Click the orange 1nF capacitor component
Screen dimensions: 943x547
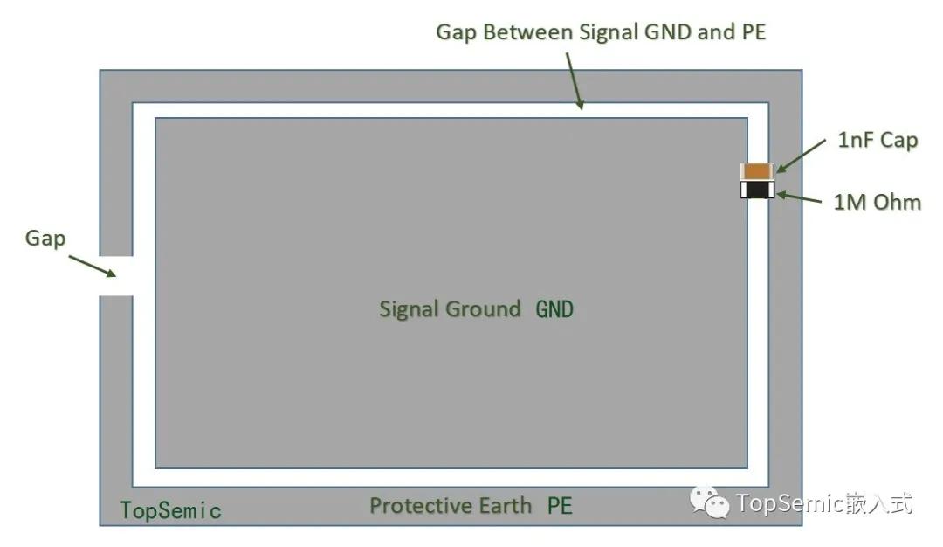click(756, 171)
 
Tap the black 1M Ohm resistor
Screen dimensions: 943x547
click(756, 190)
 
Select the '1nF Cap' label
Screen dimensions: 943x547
click(878, 140)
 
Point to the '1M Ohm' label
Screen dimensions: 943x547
click(877, 202)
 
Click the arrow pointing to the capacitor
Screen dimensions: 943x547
click(801, 156)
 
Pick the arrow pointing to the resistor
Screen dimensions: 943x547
click(799, 197)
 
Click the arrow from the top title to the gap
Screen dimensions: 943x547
click(575, 81)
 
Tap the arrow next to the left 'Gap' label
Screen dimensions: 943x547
click(92, 266)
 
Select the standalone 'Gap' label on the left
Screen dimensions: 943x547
click(45, 239)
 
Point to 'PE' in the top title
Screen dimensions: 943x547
click(754, 31)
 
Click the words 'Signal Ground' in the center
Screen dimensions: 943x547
click(450, 309)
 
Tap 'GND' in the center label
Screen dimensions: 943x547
click(554, 309)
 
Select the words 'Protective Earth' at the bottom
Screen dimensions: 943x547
click(451, 505)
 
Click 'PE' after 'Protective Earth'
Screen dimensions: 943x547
click(560, 505)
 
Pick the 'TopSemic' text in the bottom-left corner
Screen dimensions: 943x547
click(171, 510)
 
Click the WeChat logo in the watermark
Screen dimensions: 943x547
click(710, 502)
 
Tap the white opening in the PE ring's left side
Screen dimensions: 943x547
click(116, 275)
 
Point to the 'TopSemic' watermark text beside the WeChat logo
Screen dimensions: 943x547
click(790, 503)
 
